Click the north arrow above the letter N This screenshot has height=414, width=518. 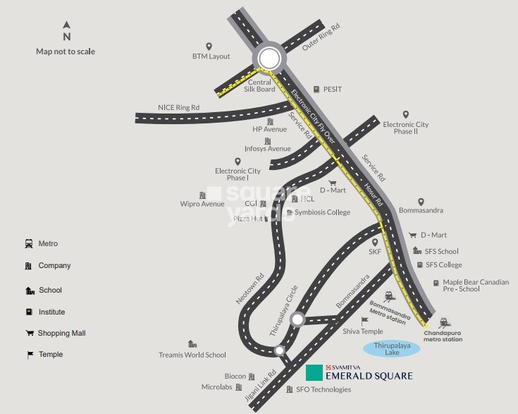click(67, 25)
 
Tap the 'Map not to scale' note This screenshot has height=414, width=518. click(66, 51)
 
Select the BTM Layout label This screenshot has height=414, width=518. click(211, 56)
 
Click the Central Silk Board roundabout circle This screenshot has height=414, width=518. click(269, 59)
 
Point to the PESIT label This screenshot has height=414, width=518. click(332, 90)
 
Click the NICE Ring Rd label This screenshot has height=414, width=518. click(178, 107)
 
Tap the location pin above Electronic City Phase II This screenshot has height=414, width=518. click(405, 114)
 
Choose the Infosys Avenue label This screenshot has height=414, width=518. click(267, 149)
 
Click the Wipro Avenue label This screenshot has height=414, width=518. click(202, 204)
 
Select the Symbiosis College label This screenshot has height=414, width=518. click(322, 212)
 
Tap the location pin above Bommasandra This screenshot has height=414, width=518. click(421, 202)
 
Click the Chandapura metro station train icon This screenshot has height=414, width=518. click(445, 322)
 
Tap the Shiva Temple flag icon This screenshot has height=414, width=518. click(365, 321)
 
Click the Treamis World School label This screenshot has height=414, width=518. click(192, 355)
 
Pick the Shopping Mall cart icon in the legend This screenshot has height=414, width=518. click(30, 333)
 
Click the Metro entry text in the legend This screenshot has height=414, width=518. click(49, 243)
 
